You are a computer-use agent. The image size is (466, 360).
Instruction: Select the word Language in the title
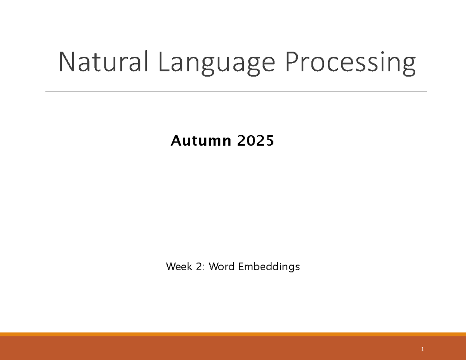click(x=216, y=63)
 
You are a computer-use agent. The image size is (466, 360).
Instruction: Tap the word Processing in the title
click(x=350, y=63)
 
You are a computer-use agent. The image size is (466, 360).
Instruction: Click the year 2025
click(x=255, y=141)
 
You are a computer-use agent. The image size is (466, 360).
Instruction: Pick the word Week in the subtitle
click(x=177, y=267)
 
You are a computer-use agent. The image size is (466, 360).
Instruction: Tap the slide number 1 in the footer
click(x=422, y=350)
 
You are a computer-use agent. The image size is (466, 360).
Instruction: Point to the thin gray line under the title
click(x=236, y=92)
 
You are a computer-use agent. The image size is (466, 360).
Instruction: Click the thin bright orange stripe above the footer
click(x=233, y=334)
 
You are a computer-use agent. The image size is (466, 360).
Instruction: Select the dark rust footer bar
click(x=233, y=348)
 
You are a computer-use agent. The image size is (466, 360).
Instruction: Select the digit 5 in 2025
click(x=270, y=141)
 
